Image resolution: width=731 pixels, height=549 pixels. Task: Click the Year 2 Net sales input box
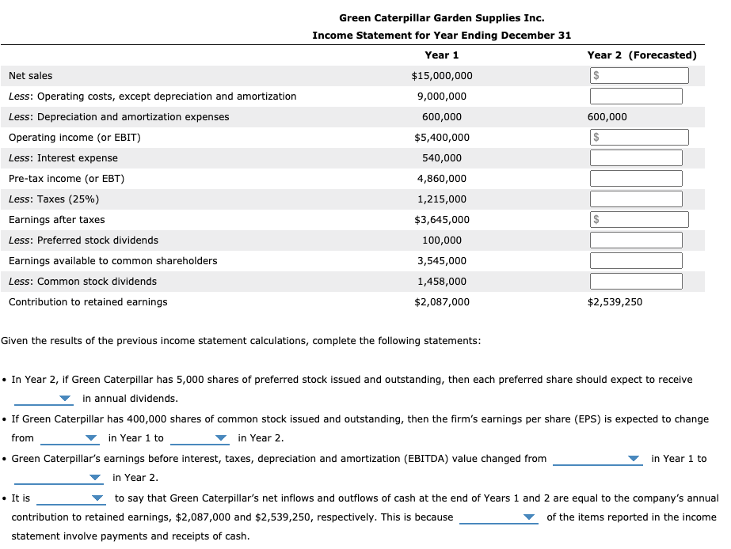click(639, 76)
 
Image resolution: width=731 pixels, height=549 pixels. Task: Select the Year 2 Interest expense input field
click(636, 158)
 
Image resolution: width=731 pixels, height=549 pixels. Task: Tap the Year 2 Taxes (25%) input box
click(636, 199)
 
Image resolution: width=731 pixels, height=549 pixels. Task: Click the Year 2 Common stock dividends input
click(636, 282)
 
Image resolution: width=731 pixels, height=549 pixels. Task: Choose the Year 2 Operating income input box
click(639, 138)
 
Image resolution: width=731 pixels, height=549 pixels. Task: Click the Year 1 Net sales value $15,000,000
click(442, 76)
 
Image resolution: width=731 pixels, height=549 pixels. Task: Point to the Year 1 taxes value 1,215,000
click(442, 199)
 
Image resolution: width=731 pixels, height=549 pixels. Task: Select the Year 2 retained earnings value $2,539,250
click(615, 302)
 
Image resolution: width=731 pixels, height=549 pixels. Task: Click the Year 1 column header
click(441, 55)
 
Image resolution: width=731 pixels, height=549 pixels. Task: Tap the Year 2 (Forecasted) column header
click(642, 55)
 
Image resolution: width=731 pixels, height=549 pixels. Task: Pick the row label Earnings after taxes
click(57, 220)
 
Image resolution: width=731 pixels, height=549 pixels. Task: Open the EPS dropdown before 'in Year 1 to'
click(70, 438)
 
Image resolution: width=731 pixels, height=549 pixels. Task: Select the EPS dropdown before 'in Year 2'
click(200, 438)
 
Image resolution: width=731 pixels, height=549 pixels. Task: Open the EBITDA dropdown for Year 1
click(597, 459)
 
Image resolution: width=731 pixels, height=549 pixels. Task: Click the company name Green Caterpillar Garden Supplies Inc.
click(441, 17)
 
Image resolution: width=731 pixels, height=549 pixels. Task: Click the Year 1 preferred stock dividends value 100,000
click(442, 240)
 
